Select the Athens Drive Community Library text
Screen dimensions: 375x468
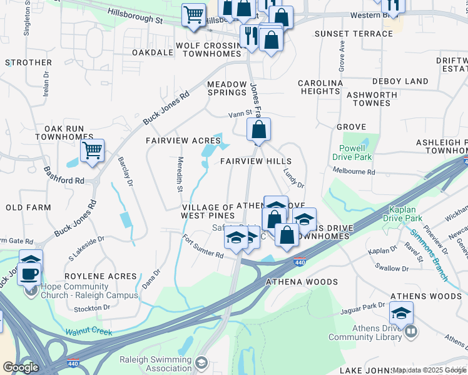point(365,333)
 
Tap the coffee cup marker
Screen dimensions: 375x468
point(29,272)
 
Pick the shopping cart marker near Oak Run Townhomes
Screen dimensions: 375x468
point(92,151)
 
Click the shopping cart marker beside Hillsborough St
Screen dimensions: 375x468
point(194,15)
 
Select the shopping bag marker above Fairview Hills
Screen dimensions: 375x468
point(258,130)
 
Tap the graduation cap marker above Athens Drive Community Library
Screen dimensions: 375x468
point(401,312)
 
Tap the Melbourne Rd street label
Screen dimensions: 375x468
point(354,172)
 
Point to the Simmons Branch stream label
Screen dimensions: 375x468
point(430,247)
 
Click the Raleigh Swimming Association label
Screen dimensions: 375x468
point(156,363)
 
